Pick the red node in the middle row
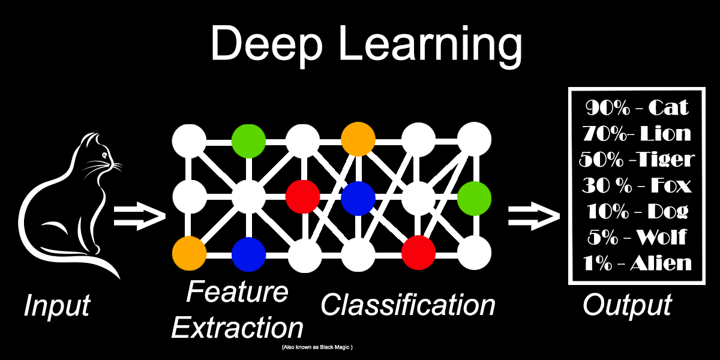coord(302,196)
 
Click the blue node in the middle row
coord(358,197)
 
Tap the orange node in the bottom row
coord(190,253)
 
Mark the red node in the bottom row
coord(418,253)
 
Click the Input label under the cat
coord(56,306)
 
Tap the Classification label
coord(408,305)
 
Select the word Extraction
coord(238,328)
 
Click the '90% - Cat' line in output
coord(637,108)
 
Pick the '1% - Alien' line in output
coord(637,263)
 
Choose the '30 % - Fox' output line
coord(637,185)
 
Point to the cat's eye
coord(105,157)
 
